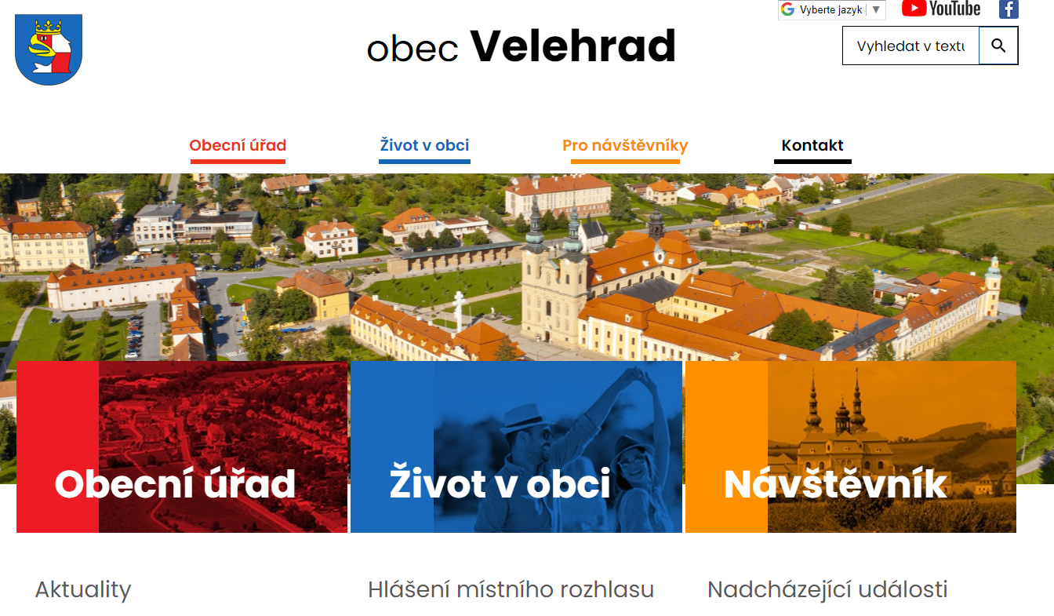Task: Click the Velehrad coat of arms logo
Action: pyautogui.click(x=49, y=49)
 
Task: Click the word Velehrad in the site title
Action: pyautogui.click(x=572, y=46)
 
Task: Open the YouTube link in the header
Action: pyautogui.click(x=941, y=9)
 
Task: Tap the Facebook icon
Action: pyautogui.click(x=1009, y=9)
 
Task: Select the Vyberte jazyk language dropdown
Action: pyautogui.click(x=831, y=10)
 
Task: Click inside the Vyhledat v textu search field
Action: pyautogui.click(x=910, y=46)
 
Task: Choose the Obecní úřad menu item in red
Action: pyautogui.click(x=238, y=145)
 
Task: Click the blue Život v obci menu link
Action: pyautogui.click(x=424, y=145)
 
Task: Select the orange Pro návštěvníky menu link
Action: pyautogui.click(x=625, y=145)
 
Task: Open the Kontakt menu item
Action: pyautogui.click(x=812, y=145)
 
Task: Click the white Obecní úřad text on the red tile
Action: pyautogui.click(x=175, y=484)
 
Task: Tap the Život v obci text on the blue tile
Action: pyautogui.click(x=500, y=484)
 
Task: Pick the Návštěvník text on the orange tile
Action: pyautogui.click(x=835, y=484)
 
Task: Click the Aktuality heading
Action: pyautogui.click(x=83, y=589)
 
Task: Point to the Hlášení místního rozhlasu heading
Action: pyautogui.click(x=511, y=589)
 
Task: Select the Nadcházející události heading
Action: pyautogui.click(x=827, y=589)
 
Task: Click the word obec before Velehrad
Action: pyautogui.click(x=413, y=49)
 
